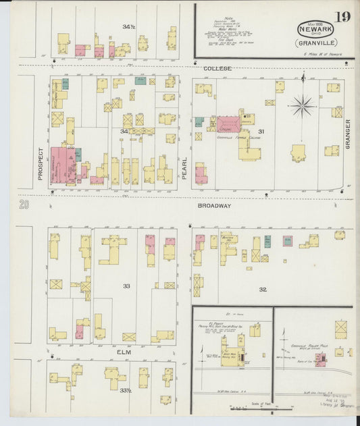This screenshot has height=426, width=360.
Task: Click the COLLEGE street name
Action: (217, 68)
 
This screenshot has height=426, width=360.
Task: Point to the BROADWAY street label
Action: (215, 205)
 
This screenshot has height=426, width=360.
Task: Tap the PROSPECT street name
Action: (41, 163)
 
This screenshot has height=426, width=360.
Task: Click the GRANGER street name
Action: (349, 133)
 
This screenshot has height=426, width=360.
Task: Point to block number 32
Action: (262, 289)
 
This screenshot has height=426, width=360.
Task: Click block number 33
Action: (126, 286)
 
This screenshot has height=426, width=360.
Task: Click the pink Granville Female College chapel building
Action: (227, 124)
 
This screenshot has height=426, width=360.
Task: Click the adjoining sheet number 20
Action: (24, 205)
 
